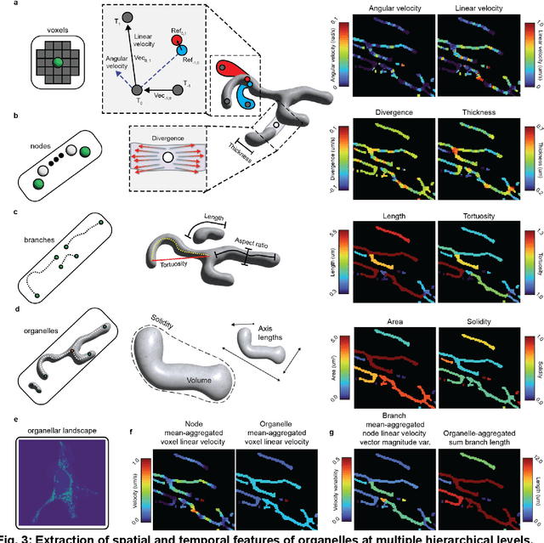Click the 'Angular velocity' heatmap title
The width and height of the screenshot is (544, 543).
click(x=389, y=8)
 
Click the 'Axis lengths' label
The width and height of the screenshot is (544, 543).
click(x=273, y=323)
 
